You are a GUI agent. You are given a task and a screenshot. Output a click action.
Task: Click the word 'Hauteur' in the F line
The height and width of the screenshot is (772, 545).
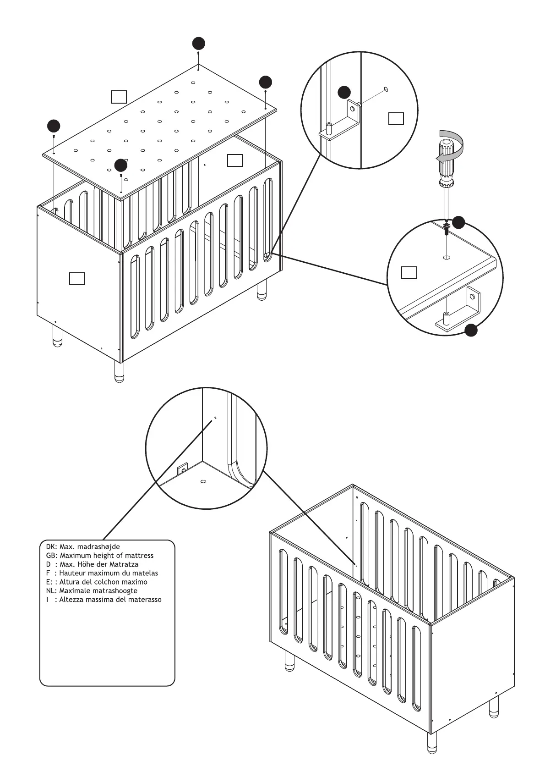coord(74,573)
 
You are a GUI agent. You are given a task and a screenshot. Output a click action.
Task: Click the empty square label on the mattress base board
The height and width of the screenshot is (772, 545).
coord(119,97)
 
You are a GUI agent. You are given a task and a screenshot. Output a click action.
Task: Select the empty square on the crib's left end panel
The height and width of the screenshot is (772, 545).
coord(77,278)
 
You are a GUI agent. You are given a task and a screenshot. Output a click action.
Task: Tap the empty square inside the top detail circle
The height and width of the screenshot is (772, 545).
coord(396,118)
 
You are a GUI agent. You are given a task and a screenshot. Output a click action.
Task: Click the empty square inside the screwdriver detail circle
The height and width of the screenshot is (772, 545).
coord(409,272)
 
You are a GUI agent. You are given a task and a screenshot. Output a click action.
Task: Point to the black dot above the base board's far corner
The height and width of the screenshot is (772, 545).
coord(198,44)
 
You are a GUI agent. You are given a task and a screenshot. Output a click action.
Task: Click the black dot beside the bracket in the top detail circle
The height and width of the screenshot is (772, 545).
coord(344,92)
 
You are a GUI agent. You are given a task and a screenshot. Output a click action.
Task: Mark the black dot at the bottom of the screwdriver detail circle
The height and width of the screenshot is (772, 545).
coord(471,330)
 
